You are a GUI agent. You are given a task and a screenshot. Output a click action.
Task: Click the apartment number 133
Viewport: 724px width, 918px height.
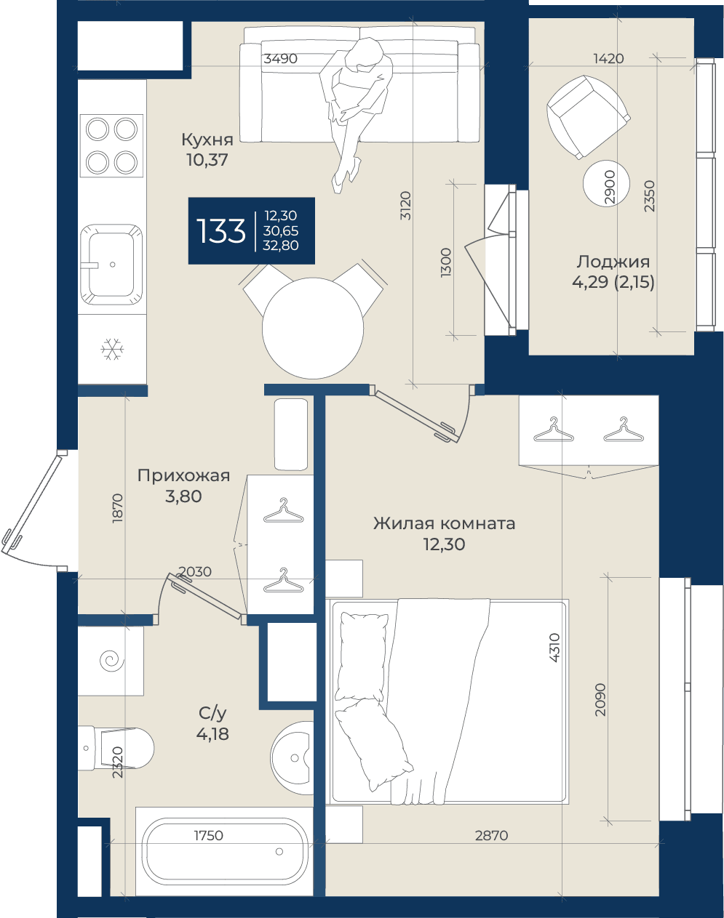220,231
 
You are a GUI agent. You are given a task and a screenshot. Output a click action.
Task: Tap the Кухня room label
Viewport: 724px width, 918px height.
207,140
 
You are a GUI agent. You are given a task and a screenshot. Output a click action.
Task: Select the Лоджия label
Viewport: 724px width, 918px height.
613,262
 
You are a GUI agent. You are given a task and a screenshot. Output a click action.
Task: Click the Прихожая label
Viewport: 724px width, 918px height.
183,475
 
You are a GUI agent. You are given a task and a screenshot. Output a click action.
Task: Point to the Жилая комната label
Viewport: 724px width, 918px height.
445,523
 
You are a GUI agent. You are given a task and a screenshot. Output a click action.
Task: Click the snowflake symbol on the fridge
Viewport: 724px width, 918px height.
112,349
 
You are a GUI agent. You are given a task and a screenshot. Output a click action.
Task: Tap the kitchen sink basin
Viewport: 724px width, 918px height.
112,265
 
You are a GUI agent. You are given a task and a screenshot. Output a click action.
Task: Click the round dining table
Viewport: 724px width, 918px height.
313,328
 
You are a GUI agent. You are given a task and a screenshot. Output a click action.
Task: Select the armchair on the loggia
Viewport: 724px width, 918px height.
588,117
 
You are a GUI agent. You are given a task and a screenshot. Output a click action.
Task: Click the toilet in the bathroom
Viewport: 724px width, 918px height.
116,748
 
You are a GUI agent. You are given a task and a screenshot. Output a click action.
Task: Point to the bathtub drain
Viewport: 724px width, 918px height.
279,851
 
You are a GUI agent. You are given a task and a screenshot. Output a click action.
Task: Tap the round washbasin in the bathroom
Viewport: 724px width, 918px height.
293,758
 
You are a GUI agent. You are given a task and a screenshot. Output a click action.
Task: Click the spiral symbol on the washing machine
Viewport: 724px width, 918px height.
112,661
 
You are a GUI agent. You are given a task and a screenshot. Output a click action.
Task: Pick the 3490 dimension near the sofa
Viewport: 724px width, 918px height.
280,58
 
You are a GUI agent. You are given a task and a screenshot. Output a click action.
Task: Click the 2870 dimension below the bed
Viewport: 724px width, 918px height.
491,835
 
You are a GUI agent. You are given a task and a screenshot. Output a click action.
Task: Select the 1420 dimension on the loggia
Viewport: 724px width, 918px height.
608,58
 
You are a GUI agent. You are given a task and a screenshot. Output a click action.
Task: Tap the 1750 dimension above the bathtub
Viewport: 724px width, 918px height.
208,835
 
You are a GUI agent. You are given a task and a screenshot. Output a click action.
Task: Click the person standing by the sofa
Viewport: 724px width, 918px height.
356,114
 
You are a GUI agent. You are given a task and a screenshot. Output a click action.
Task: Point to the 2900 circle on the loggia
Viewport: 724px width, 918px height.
606,183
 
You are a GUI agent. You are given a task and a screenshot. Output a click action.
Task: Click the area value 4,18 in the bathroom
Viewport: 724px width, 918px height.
212,733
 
